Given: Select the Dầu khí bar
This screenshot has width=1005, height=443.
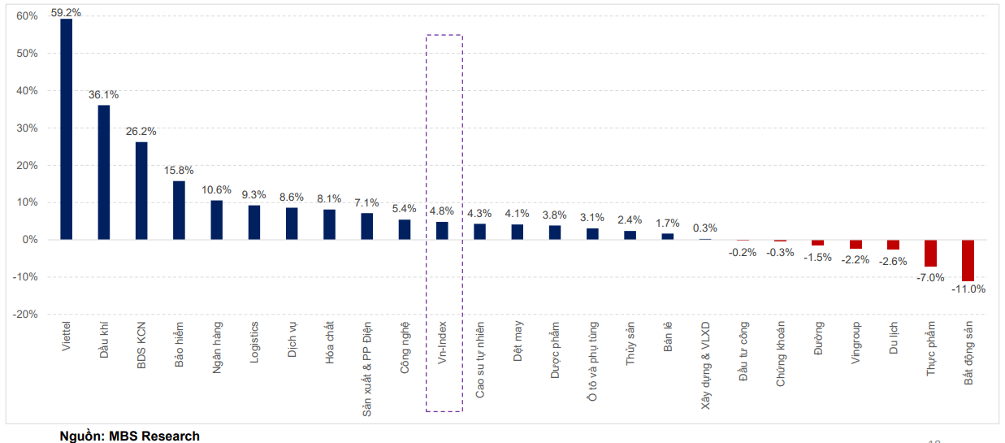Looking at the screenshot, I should (104, 172).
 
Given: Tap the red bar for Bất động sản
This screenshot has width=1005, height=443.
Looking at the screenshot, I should (968, 260).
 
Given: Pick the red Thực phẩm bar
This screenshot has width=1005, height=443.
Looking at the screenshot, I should (930, 253).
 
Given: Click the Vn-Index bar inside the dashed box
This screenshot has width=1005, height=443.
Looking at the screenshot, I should (442, 231).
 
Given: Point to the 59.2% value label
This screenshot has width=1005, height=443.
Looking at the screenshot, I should (66, 13).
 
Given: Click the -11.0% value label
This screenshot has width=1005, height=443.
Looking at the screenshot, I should (968, 289).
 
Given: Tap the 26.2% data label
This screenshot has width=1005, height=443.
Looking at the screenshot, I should (141, 131).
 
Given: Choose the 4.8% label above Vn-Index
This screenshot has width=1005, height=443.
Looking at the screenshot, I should (442, 211).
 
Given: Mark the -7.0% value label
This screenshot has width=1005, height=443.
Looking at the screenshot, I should (931, 277).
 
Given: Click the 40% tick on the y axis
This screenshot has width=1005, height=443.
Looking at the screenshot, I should (27, 91).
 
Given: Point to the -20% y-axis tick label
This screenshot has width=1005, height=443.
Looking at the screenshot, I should (25, 315).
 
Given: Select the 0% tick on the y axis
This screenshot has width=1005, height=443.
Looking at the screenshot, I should (30, 240).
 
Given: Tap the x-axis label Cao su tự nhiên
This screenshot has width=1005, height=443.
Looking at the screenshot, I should (480, 358).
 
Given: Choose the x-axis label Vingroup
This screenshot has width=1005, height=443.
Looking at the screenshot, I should (856, 343).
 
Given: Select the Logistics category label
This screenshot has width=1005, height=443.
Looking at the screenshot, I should (254, 342).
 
